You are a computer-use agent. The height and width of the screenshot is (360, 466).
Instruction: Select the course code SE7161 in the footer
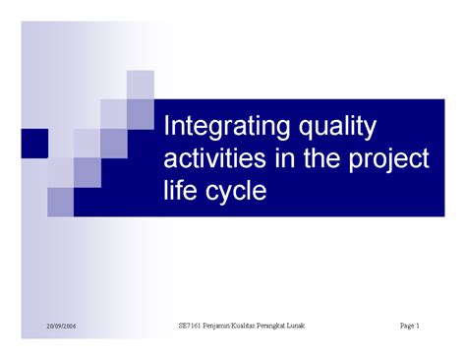pos(193,326)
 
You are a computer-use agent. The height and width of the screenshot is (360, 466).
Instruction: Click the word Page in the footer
pos(409,326)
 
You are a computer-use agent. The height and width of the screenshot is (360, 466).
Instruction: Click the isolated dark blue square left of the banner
pos(33,144)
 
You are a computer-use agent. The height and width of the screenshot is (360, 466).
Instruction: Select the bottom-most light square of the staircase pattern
pos(60,202)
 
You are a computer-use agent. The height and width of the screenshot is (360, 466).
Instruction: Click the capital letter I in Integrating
pos(166,128)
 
